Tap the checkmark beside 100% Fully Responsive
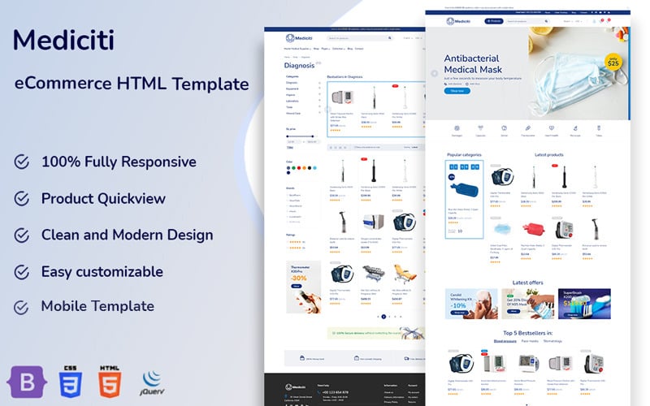[x=22, y=162]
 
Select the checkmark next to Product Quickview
[x=22, y=199]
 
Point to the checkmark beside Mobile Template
[x=22, y=307]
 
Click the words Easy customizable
[x=102, y=271]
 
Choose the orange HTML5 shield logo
[x=109, y=380]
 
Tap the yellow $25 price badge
[x=613, y=61]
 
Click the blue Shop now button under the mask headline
[x=457, y=91]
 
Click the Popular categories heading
[x=464, y=154]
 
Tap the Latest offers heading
[x=528, y=283]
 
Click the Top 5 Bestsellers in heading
[x=528, y=333]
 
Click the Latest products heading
[x=549, y=154]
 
